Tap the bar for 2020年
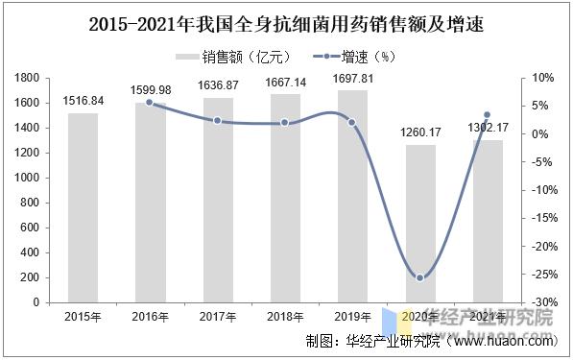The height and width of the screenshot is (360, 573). click(x=419, y=224)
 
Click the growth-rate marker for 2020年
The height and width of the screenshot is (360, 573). click(x=419, y=278)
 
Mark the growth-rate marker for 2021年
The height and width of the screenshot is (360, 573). click(x=488, y=115)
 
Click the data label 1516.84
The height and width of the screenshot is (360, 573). click(x=83, y=100)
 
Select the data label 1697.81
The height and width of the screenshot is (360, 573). click(x=352, y=77)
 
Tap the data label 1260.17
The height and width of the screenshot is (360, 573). click(x=419, y=132)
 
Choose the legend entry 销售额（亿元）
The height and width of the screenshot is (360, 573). click(x=235, y=55)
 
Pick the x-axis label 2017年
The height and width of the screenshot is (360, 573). click(x=218, y=316)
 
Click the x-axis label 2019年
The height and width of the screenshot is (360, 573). click(x=352, y=316)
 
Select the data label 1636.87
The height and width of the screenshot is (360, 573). click(x=218, y=84)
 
